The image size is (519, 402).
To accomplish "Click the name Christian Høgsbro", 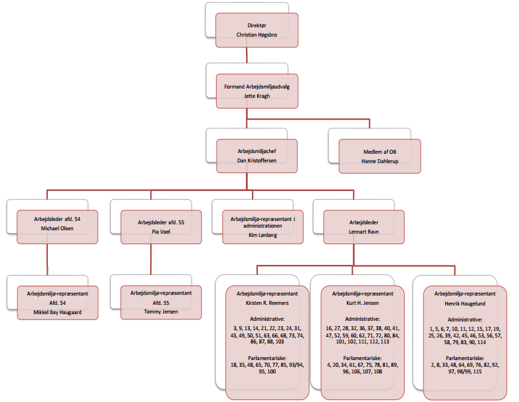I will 257,34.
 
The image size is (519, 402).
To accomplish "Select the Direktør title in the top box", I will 257,25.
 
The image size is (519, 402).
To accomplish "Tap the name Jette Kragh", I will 257,95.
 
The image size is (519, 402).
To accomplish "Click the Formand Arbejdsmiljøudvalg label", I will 257,86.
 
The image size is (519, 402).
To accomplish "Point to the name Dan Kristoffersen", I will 257,160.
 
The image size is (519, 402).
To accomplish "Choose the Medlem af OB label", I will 379,151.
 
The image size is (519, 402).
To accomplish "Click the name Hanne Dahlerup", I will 379,161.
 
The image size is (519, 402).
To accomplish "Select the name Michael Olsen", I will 57,228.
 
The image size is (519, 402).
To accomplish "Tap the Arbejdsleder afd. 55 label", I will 161,223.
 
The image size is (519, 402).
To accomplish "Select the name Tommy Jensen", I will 161,311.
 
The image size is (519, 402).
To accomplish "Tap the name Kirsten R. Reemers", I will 267,303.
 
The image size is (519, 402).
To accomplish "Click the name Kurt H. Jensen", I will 362,303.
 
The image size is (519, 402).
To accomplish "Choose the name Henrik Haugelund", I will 465,303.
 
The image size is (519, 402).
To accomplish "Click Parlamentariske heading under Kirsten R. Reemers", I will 267,358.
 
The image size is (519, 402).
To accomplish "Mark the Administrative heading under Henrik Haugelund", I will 465,319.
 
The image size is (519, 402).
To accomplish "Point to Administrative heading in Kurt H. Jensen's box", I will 362,319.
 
